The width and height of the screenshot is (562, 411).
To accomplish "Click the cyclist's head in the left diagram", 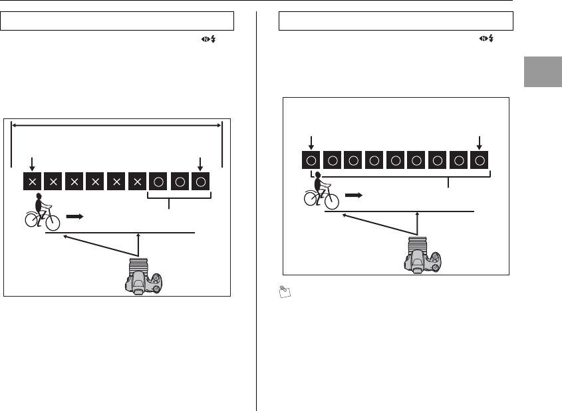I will (x=39, y=197).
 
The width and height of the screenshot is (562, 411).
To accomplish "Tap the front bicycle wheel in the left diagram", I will (x=52, y=222).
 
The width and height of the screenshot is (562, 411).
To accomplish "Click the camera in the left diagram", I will (x=143, y=276).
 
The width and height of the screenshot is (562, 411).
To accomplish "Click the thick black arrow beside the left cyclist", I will (x=76, y=216).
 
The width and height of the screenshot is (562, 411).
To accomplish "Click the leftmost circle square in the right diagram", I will (x=311, y=160).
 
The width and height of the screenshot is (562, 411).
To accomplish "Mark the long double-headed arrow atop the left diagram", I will (x=117, y=124).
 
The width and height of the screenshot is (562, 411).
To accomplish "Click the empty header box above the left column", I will (x=117, y=21).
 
